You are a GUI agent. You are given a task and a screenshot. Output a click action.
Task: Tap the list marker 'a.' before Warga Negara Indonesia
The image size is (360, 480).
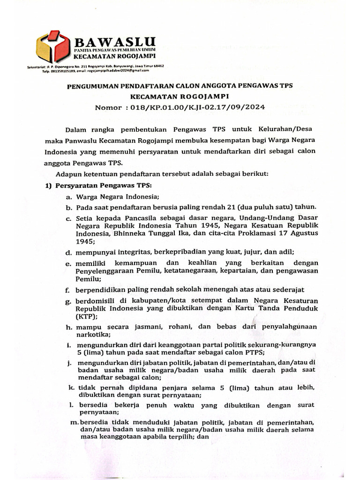68,197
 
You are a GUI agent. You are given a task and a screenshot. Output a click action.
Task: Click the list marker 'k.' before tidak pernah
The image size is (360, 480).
71,388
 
